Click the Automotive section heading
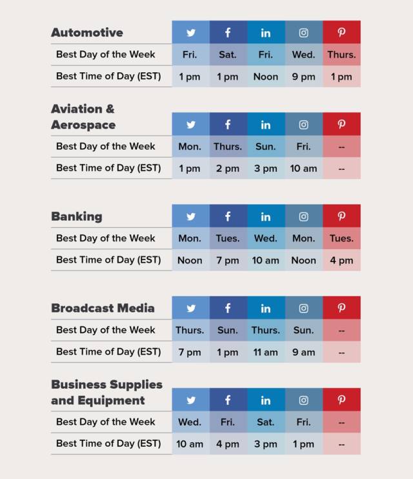tap(86, 32)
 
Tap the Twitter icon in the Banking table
tap(190, 216)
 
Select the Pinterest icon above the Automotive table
tap(341, 32)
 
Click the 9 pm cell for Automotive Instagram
tap(303, 77)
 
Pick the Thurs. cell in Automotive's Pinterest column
tap(341, 55)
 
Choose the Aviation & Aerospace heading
tap(83, 117)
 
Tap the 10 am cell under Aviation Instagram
tap(303, 168)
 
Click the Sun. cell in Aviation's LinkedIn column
tap(265, 147)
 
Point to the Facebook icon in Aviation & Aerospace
tap(228, 125)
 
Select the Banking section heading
tap(76, 216)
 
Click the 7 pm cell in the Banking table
tap(228, 260)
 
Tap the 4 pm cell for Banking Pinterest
tap(341, 260)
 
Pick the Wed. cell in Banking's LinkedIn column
tap(265, 238)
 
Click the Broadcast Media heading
tap(103, 308)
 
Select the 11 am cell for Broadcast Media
tap(265, 352)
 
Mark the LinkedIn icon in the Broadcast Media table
tap(265, 308)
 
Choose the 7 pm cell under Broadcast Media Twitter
tap(190, 352)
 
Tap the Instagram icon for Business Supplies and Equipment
tap(303, 400)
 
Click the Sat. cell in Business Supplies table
tap(265, 422)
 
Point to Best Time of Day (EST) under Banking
tap(108, 260)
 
